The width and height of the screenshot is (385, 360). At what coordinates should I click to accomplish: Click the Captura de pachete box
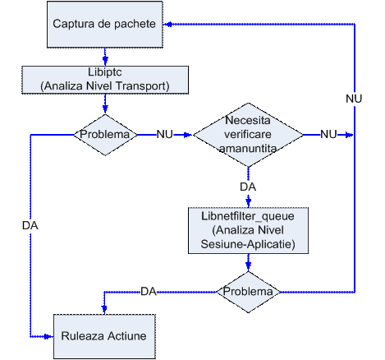tap(105, 25)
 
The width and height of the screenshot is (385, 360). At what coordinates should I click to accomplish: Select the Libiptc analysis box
tap(105, 80)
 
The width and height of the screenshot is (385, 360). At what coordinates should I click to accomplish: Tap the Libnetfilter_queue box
tap(248, 230)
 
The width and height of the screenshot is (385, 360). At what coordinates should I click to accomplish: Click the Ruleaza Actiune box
tap(104, 336)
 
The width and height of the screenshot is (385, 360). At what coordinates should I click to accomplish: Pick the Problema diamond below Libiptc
tap(105, 135)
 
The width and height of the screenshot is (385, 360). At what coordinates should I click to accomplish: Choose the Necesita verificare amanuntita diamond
tap(248, 135)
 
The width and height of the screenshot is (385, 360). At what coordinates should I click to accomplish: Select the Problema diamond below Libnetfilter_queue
tap(249, 292)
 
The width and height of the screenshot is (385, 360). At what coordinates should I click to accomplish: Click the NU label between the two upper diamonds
tap(164, 135)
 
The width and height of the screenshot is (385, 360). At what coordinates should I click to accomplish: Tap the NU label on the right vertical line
tap(354, 99)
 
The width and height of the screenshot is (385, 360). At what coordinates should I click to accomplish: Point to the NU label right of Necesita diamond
tap(328, 135)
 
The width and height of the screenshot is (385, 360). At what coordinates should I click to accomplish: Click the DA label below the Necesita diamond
tap(248, 187)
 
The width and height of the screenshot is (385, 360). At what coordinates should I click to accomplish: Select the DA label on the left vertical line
tap(30, 225)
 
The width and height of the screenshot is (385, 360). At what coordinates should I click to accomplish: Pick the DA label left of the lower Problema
tap(149, 292)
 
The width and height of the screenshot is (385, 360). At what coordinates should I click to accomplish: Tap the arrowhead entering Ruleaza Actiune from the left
tap(48, 336)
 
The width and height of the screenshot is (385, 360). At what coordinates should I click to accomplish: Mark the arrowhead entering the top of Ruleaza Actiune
tap(104, 310)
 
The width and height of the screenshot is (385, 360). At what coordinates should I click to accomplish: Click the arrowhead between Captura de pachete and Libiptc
tap(105, 61)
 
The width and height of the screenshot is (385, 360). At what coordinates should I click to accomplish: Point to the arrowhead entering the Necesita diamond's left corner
tap(188, 135)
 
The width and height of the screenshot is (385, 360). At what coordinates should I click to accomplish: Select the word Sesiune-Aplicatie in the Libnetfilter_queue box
tap(248, 244)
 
